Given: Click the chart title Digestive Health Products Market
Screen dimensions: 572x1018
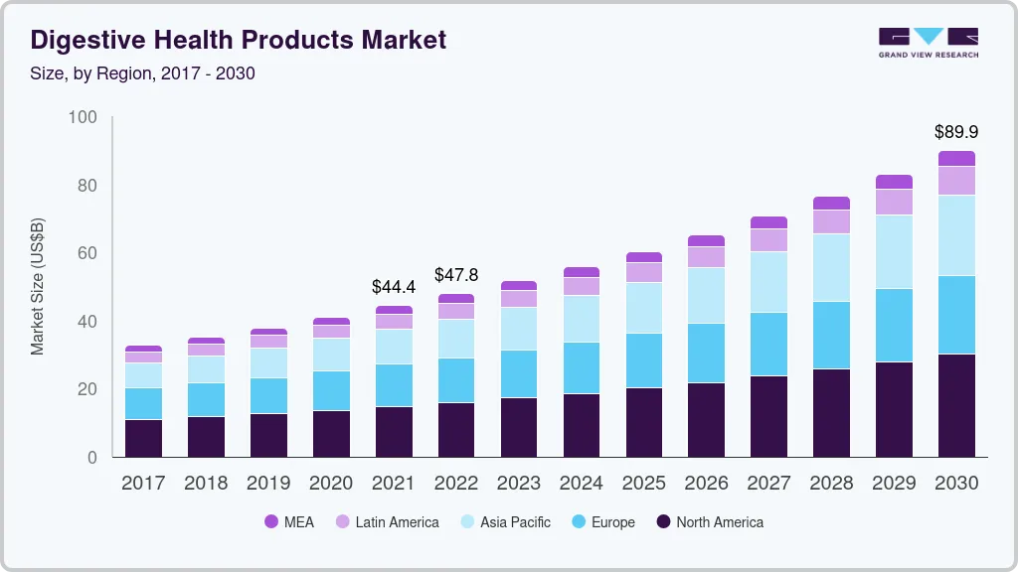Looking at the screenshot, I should [x=239, y=40].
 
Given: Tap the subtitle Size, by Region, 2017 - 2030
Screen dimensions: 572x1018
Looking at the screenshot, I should [x=143, y=73].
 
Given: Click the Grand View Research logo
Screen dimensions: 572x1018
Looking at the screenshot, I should [x=928, y=43].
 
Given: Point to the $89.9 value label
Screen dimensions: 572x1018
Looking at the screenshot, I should [x=954, y=131].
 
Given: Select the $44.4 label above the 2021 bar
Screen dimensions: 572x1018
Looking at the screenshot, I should [x=393, y=286].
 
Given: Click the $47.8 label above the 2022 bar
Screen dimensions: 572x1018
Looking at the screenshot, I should [x=455, y=274].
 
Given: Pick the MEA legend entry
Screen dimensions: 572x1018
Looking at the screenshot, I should [x=288, y=521].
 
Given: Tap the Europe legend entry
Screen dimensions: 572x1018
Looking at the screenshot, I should [x=602, y=521].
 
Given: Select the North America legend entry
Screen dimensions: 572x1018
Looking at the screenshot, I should [x=710, y=521].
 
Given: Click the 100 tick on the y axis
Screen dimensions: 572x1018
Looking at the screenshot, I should [x=84, y=117].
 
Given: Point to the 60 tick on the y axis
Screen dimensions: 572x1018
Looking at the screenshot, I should [x=87, y=253].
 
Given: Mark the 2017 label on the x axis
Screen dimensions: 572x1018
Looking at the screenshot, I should [x=143, y=483].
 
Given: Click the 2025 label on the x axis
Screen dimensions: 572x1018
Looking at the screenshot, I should [x=644, y=483].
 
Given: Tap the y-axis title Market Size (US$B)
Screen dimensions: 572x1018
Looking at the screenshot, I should [x=38, y=287].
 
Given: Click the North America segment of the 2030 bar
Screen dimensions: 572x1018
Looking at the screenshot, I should [x=956, y=405].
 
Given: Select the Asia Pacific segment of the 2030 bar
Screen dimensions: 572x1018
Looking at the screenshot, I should [x=956, y=235].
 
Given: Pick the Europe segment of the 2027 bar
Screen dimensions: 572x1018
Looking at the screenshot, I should [x=768, y=344].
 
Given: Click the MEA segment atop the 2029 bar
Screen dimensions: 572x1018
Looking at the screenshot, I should [x=894, y=182].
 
